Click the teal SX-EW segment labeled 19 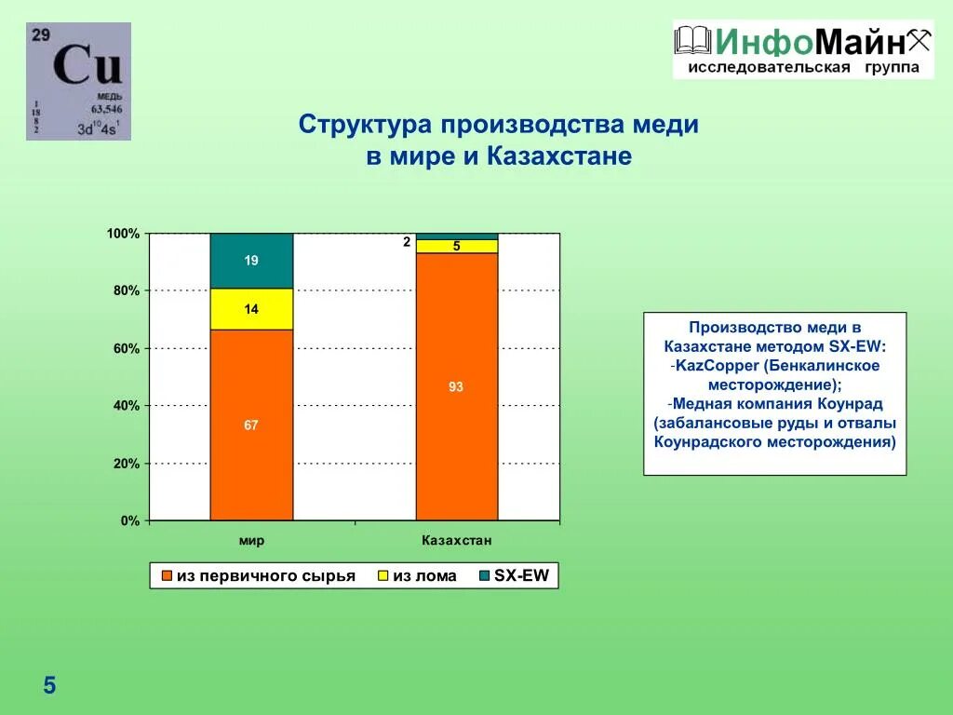(x=251, y=261)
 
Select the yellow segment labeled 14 (x=251, y=309)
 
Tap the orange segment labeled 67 (x=251, y=425)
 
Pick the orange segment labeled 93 (x=457, y=386)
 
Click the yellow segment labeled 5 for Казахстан (x=457, y=246)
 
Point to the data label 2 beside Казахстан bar (x=407, y=242)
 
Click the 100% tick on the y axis (x=124, y=234)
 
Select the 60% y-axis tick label (x=127, y=348)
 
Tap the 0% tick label (x=130, y=520)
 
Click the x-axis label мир (x=251, y=541)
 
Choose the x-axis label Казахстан (x=457, y=540)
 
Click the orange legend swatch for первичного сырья (x=167, y=575)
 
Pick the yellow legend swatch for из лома (x=383, y=575)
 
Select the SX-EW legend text (x=521, y=575)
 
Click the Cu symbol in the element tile (x=87, y=64)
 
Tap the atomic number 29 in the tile (x=41, y=34)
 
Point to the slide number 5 (x=49, y=685)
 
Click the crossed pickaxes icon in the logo (x=919, y=40)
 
